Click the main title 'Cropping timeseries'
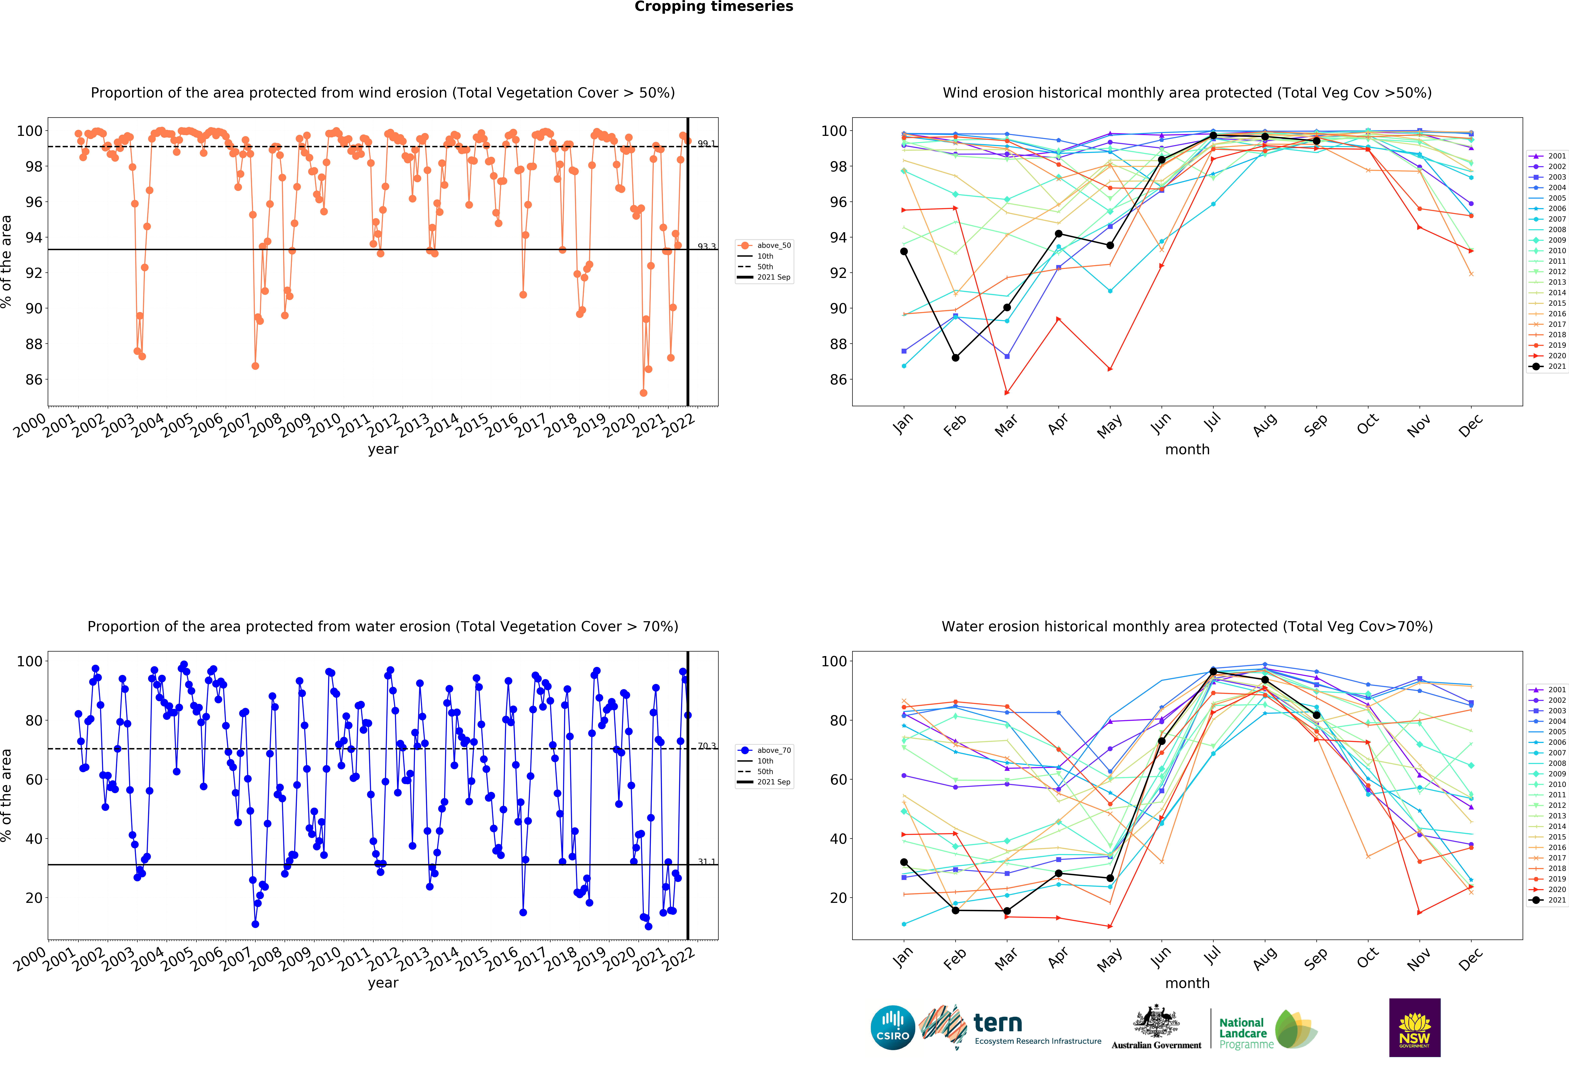714,7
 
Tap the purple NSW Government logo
1414,1027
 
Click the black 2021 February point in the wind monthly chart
955,358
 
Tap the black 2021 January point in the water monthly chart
904,863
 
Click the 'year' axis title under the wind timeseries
383,449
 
